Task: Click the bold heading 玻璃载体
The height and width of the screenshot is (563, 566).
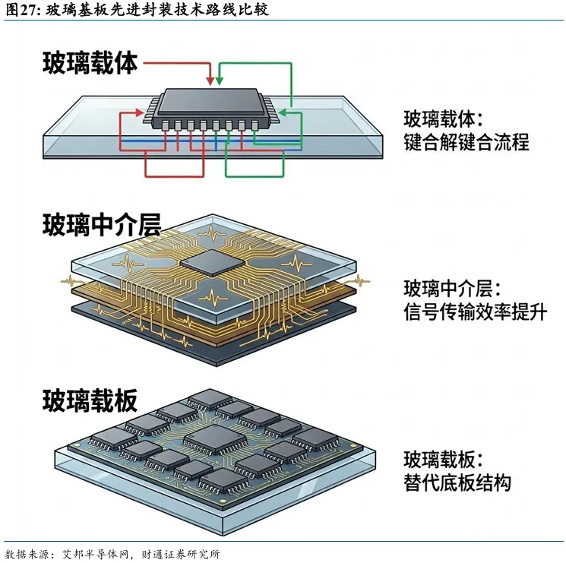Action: coord(90,63)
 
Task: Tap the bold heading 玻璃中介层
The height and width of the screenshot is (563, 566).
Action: coord(102,225)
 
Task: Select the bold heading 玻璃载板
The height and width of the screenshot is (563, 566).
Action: coord(90,400)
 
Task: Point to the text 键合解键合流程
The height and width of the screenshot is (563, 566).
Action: coord(466,142)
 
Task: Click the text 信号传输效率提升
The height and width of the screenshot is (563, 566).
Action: coord(475,312)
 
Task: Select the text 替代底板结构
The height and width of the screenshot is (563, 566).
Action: coord(457,482)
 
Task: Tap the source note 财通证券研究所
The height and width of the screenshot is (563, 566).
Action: coord(181,555)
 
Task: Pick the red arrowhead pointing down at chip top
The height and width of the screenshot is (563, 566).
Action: coord(210,81)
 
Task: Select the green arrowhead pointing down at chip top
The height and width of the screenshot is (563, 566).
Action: coord(219,81)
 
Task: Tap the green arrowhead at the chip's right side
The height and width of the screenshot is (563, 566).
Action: coord(283,112)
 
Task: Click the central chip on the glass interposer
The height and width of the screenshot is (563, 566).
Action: coord(212,263)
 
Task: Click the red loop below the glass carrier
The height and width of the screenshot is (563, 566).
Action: coord(174,176)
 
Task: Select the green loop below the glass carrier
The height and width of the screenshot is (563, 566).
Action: coord(255,176)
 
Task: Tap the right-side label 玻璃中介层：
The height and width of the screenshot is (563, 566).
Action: coord(452,289)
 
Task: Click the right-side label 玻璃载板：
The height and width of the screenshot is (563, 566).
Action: coord(443,460)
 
